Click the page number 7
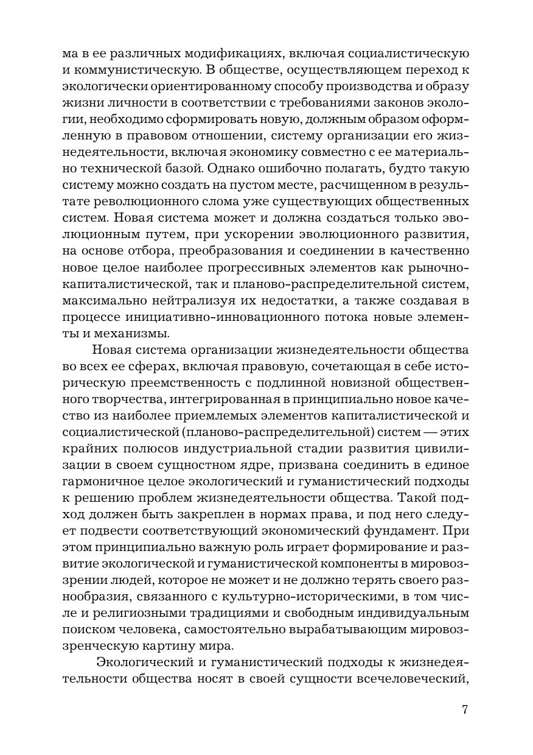point(465,709)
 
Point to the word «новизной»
point(354,382)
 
